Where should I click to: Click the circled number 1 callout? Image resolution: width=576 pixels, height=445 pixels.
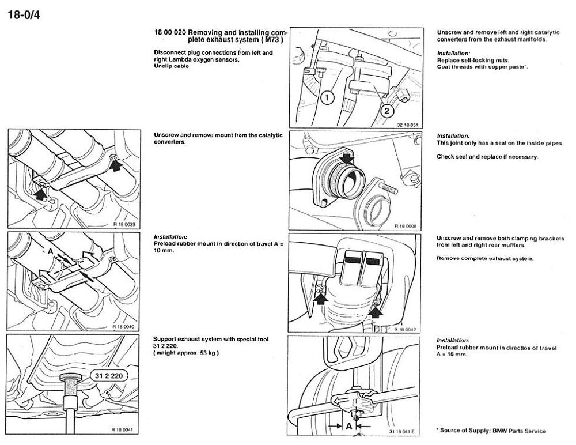[x=326, y=98]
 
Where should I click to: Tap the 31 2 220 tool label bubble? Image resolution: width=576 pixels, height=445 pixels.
[x=104, y=376]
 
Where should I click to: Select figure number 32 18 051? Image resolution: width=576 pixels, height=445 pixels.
[x=407, y=125]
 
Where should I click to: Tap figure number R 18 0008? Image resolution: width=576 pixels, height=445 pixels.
[x=407, y=227]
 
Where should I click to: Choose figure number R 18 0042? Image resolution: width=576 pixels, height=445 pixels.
[x=407, y=329]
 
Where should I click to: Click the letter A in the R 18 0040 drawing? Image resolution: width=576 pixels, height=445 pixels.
[x=51, y=252]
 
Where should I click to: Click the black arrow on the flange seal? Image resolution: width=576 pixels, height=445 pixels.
[x=346, y=157]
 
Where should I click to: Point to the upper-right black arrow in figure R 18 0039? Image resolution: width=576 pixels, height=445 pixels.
[x=117, y=165]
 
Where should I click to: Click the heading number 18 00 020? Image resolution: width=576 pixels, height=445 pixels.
[x=170, y=33]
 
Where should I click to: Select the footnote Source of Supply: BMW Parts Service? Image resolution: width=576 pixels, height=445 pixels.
[x=491, y=431]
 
